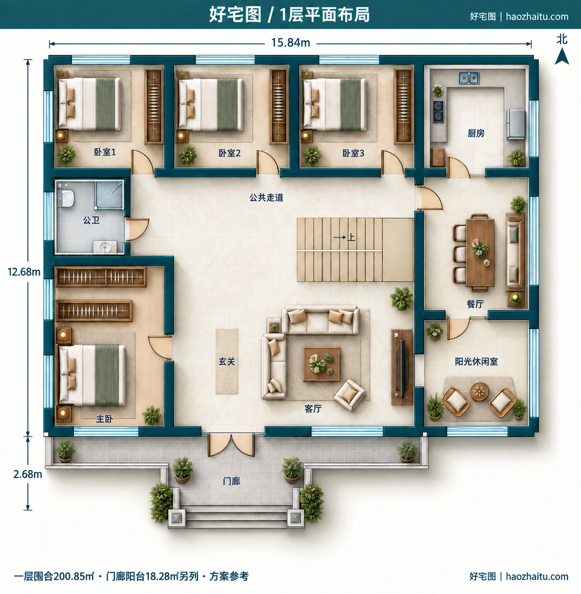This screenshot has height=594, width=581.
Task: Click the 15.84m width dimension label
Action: coord(290,43)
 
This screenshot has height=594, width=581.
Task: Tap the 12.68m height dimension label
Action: coord(24,272)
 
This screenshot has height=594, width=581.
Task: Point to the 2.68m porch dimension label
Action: coord(28,474)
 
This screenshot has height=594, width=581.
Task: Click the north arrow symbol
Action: coord(562,57)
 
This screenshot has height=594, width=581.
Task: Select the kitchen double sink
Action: coord(469,77)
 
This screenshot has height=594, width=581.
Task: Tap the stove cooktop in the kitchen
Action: coord(438,111)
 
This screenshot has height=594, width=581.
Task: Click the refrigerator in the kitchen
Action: coord(516,124)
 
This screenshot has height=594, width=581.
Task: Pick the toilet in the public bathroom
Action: coord(66,198)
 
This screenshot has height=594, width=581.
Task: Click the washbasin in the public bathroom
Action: coord(105,247)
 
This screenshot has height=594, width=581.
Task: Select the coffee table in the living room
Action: coord(322,364)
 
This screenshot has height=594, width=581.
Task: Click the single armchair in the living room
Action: coord(350,395)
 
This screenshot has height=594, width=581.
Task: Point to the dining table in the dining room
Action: coord(480,252)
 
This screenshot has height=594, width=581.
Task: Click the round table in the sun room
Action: coord(479,392)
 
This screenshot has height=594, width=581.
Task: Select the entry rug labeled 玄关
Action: coord(227,361)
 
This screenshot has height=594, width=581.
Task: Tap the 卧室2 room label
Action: coord(229,153)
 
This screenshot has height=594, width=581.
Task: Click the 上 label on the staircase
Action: coord(351,238)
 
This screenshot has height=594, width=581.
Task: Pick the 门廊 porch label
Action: coord(231,481)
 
